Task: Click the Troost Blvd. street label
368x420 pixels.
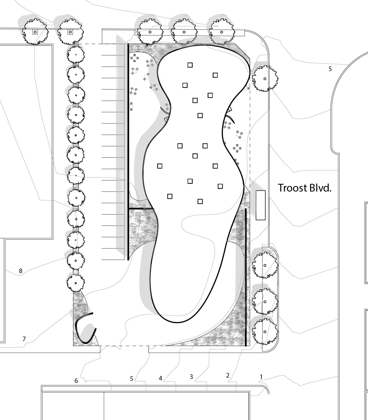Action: pos(304,188)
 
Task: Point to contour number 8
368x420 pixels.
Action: pos(21,271)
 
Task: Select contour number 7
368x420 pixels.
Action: pos(24,339)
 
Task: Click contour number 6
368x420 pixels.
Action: pos(76,381)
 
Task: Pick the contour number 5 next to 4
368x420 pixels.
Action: pos(132,379)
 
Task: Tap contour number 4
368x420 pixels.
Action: pos(160,378)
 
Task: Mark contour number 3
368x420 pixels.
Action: pos(191,376)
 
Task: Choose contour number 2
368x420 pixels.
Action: pos(228,375)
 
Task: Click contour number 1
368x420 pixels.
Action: pos(261,377)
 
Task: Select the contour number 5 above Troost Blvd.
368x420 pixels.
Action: pos(330,69)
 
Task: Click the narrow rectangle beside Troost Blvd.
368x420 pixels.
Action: pos(260,205)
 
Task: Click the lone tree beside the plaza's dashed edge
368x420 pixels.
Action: pos(265,79)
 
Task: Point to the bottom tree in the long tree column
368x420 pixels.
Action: pos(76,283)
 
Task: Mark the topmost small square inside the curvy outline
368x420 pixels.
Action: pos(190,65)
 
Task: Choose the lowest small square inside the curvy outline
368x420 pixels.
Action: pos(200,201)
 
